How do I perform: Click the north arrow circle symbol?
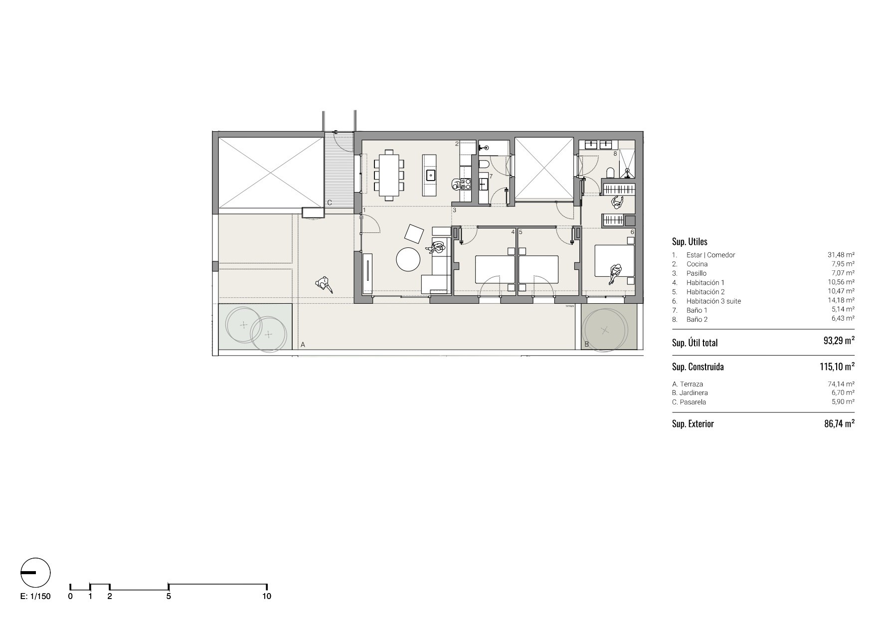[35, 573]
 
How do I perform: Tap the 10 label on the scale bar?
[267, 596]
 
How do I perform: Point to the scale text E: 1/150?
[35, 596]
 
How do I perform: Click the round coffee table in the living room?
[408, 259]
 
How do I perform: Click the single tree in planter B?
[605, 329]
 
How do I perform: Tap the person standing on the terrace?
[324, 284]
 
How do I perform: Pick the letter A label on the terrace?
[303, 345]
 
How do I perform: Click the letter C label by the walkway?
[330, 203]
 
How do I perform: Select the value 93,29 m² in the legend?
[839, 342]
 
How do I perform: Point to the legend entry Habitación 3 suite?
[713, 301]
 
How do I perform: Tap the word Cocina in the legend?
[697, 264]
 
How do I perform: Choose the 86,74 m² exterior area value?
[839, 423]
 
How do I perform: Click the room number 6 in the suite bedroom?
[632, 232]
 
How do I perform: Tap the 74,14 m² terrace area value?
[841, 384]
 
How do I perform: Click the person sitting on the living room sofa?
[438, 248]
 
